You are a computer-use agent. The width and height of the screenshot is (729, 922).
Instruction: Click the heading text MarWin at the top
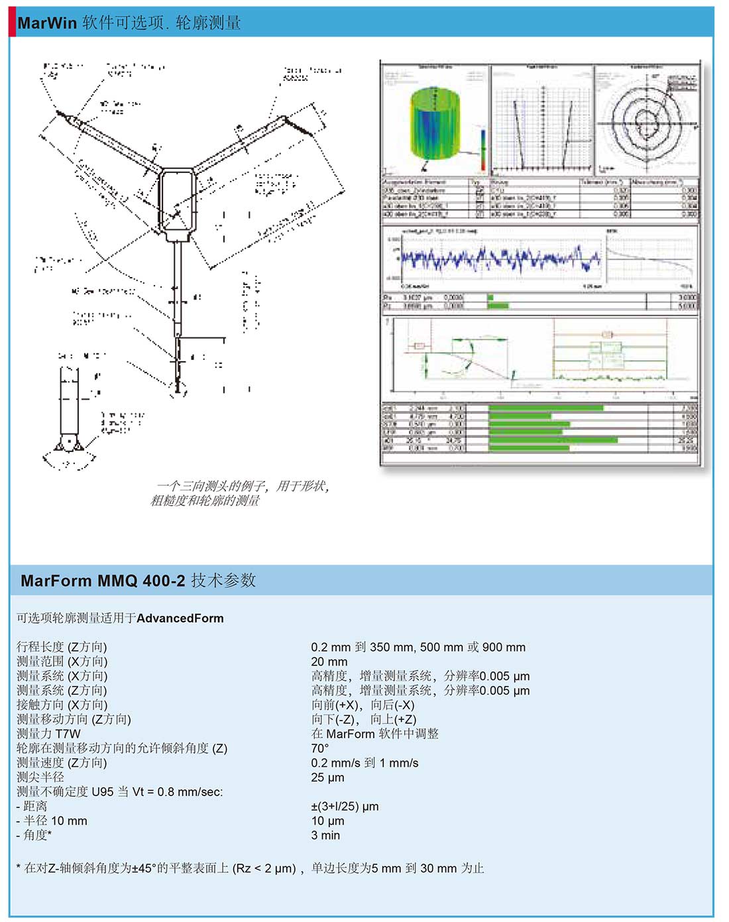coord(47,23)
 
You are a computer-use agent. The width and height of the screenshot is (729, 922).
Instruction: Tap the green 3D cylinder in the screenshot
coord(435,125)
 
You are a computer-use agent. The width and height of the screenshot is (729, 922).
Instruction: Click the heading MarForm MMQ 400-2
coord(103,581)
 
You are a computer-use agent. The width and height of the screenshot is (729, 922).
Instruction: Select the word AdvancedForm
coord(180,618)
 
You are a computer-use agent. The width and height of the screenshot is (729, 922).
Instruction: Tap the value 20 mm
coord(329,662)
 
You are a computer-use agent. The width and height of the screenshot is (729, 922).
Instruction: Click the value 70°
coord(320,748)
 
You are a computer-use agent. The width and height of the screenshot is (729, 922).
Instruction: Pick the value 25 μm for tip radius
coord(327,778)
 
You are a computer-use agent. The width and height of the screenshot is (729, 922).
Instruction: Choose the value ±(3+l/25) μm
coord(345,807)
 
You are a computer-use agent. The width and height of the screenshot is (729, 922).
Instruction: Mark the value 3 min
coord(325,836)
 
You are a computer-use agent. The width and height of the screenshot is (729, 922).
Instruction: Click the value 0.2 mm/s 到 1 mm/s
coord(364,763)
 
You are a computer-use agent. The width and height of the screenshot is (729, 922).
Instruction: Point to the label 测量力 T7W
coord(48,734)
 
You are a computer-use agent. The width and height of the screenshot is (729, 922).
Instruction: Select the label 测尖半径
coord(40,778)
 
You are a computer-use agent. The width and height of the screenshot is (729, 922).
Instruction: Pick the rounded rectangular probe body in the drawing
coord(176,202)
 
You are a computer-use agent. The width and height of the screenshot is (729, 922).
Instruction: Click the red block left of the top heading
coord(12,23)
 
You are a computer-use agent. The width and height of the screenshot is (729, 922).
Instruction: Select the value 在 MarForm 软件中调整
coord(374,734)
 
